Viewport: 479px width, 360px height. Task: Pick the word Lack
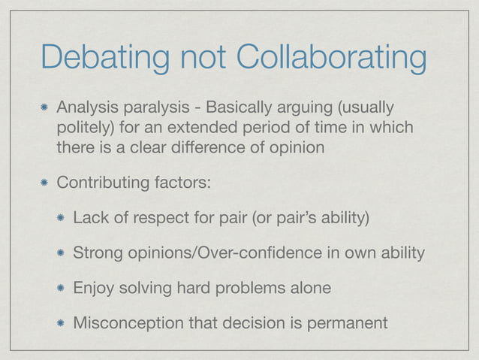click(89, 218)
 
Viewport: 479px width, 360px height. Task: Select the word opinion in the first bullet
click(297, 147)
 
